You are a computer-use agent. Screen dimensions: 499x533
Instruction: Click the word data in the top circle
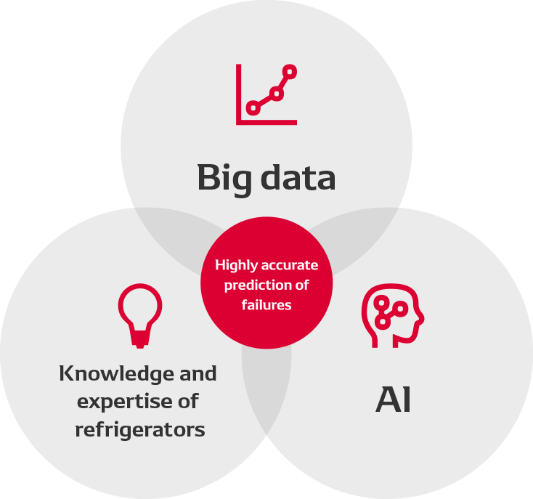(x=298, y=177)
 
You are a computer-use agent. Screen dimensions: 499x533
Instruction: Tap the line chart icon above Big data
(x=266, y=94)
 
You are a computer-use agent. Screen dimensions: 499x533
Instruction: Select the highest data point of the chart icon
(x=290, y=72)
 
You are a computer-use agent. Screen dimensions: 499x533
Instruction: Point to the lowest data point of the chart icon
(x=253, y=108)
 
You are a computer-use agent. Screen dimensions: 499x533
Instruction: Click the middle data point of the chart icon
(x=276, y=93)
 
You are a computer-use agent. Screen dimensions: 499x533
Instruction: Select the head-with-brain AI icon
(x=392, y=317)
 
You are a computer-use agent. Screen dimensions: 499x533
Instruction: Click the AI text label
(x=394, y=400)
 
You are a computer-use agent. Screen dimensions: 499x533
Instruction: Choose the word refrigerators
(x=140, y=429)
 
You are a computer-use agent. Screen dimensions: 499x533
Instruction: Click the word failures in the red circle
(x=266, y=305)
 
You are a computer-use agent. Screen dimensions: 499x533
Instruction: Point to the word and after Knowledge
(x=195, y=374)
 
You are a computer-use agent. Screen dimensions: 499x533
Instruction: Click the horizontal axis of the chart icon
(x=267, y=123)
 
